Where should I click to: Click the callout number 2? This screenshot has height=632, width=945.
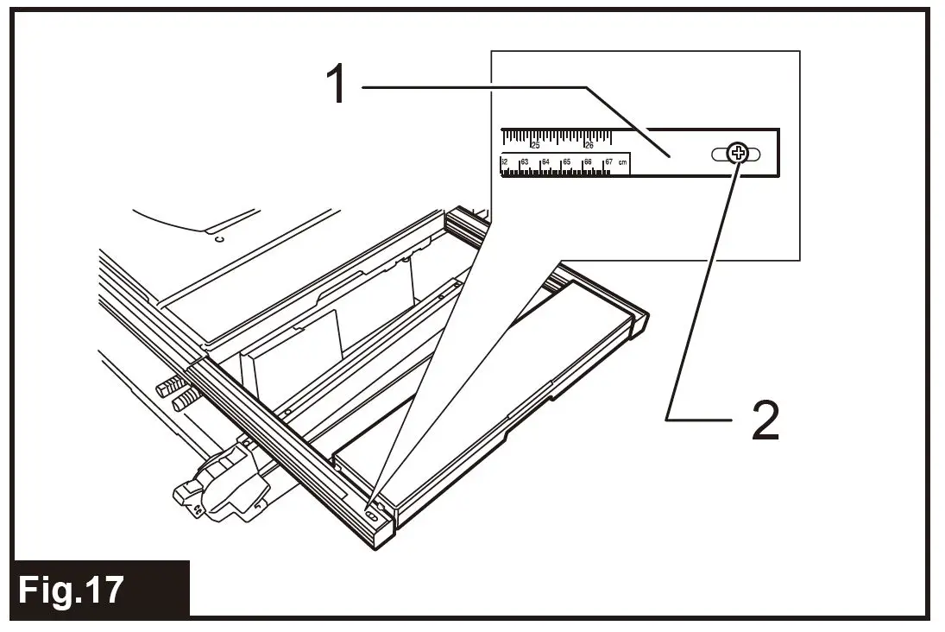coord(764,421)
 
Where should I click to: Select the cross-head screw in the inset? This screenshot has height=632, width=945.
coord(737,154)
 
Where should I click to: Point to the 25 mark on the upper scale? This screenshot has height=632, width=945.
coord(535,144)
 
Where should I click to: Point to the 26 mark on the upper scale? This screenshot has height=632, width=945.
coord(589,144)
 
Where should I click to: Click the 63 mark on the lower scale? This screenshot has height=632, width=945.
coord(524,161)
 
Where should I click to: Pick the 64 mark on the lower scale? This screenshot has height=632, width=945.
coord(545,161)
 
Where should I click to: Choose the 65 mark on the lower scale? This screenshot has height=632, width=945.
coord(566,161)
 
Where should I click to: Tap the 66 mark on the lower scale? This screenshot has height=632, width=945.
coord(587,161)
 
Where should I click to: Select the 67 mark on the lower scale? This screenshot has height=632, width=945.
coord(608,161)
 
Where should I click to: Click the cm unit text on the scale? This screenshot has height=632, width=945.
coord(623,161)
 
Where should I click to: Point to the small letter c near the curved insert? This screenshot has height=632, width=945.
coord(219,238)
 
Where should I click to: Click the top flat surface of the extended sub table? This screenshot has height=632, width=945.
coord(483,389)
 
